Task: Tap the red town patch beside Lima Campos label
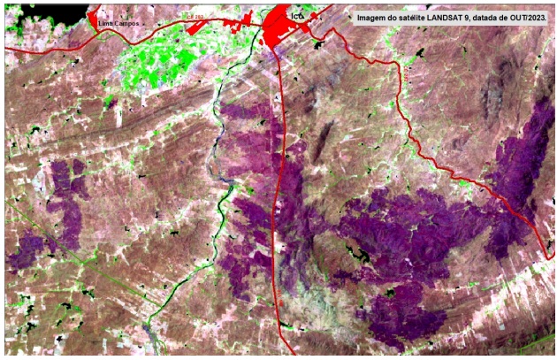[93, 19]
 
